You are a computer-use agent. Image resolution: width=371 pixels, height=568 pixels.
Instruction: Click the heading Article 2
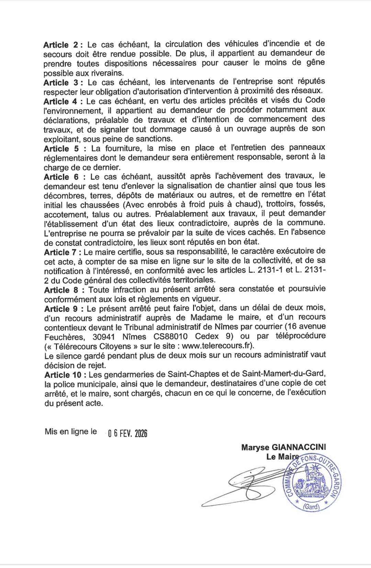(x=61, y=45)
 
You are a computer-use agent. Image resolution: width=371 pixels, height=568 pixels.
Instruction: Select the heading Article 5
(x=61, y=149)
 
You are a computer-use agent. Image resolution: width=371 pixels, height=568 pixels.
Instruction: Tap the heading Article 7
(x=61, y=252)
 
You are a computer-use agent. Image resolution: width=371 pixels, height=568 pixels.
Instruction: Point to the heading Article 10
(x=63, y=374)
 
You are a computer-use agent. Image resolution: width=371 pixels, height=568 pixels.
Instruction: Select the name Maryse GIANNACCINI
(x=283, y=447)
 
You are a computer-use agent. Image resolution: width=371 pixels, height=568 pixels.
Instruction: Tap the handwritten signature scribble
(x=240, y=485)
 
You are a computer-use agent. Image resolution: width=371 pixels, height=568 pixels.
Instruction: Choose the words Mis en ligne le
(x=71, y=432)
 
